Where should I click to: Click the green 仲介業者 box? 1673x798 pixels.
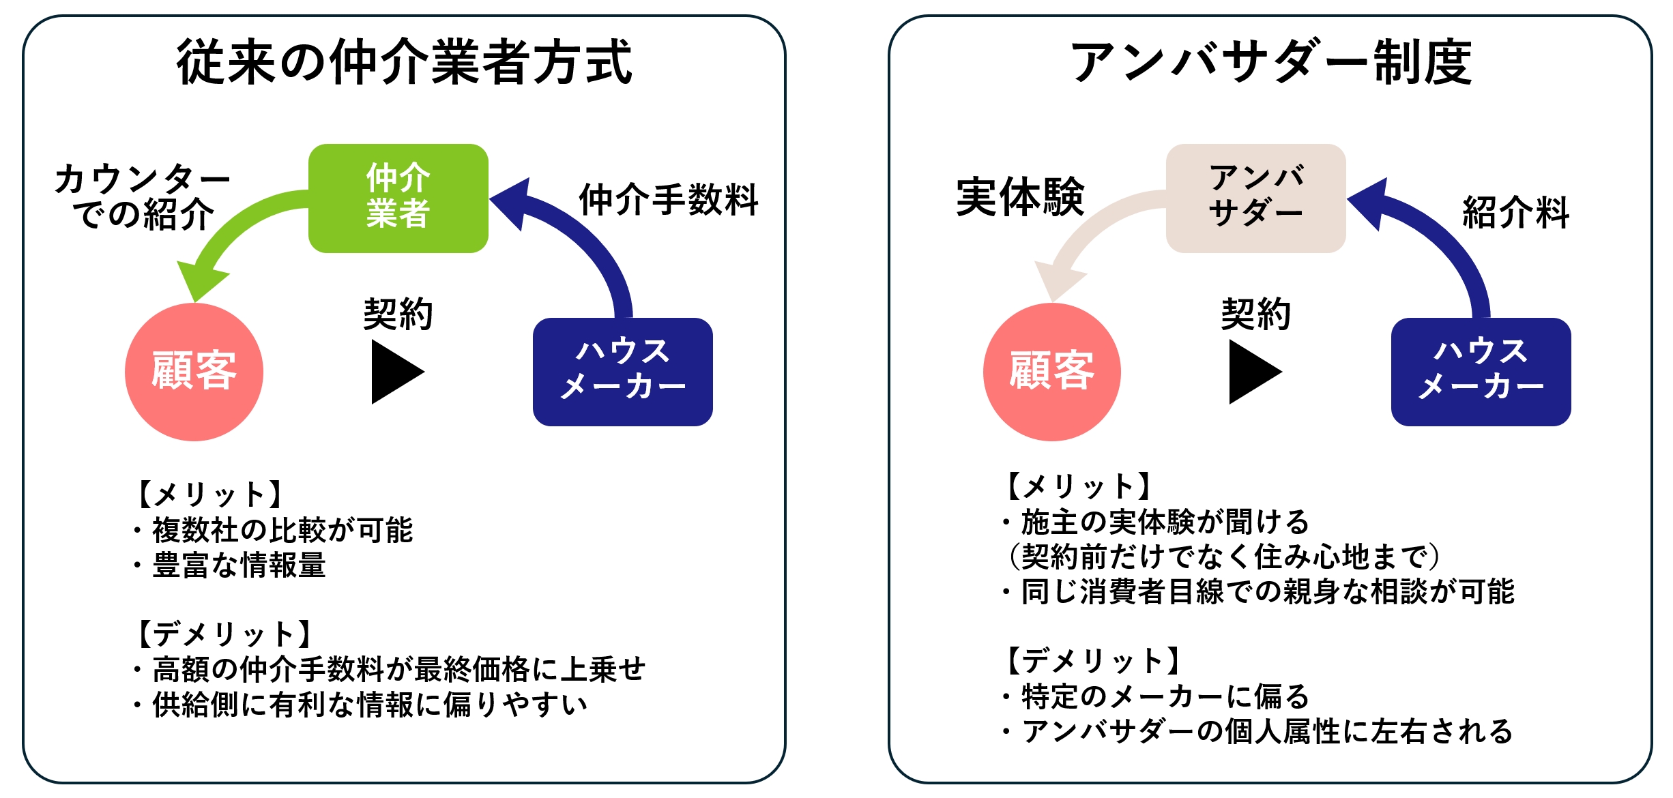(398, 198)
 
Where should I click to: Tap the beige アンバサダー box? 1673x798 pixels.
(1255, 198)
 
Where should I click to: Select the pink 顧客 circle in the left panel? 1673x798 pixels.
(194, 372)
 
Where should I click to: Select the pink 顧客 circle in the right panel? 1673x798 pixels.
(1051, 372)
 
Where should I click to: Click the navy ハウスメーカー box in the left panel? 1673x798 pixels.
(622, 372)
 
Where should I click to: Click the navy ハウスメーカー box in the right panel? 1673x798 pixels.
(1481, 372)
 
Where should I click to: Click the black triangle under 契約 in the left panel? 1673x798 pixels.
(394, 372)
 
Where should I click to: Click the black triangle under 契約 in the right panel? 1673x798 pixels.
(1252, 372)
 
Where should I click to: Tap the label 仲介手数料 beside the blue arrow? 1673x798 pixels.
(669, 200)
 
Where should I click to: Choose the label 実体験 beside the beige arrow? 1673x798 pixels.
(1020, 197)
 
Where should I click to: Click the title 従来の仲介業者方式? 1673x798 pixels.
(404, 62)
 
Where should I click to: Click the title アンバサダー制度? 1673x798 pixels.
(1270, 62)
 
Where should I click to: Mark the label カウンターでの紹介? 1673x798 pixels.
(143, 196)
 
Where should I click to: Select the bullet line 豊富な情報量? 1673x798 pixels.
(239, 565)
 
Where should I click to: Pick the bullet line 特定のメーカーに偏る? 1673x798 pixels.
(1165, 696)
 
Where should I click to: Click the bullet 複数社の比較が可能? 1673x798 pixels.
(282, 529)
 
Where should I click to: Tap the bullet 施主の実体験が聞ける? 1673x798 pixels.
(1165, 522)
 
